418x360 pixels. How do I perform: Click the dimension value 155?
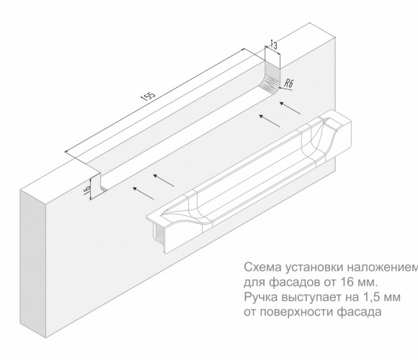tap(148, 96)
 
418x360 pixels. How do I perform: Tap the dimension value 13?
tap(274, 45)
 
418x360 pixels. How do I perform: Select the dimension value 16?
tap(87, 190)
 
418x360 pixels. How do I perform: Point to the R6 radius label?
tap(288, 84)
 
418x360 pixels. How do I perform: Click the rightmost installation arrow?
tap(290, 108)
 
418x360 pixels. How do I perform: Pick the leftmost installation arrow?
tap(143, 193)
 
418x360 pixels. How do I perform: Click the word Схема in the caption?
tap(262, 267)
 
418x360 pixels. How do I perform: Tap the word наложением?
tap(383, 267)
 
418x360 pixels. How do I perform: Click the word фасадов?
tap(295, 282)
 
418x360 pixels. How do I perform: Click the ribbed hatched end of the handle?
tap(159, 234)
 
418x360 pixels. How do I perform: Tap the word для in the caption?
tap(254, 282)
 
